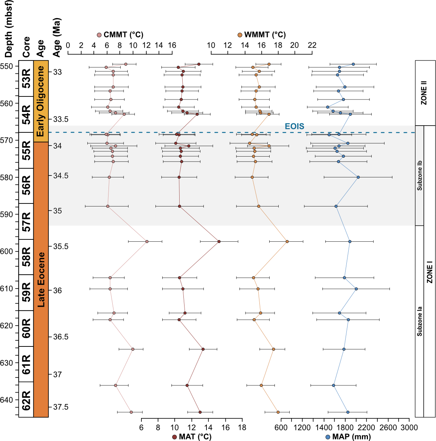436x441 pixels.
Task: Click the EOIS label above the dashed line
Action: click(x=294, y=126)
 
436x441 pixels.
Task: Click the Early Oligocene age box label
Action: click(x=41, y=101)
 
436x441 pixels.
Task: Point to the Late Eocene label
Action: click(x=41, y=280)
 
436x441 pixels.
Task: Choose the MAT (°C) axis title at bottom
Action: click(x=192, y=437)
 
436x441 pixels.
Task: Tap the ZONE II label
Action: click(x=424, y=93)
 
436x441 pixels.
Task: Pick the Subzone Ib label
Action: click(x=419, y=175)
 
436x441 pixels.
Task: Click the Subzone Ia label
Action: click(x=419, y=321)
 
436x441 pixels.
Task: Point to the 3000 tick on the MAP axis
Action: click(x=409, y=428)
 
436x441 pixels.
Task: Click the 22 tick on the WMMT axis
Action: click(x=312, y=45)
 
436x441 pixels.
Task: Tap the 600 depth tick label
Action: click(x=9, y=251)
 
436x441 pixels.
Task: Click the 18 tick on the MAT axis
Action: click(x=242, y=428)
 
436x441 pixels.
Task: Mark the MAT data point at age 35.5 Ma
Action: click(x=219, y=241)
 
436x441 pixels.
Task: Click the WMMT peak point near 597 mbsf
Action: click(x=287, y=241)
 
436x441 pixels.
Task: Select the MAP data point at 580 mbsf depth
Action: click(x=358, y=177)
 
